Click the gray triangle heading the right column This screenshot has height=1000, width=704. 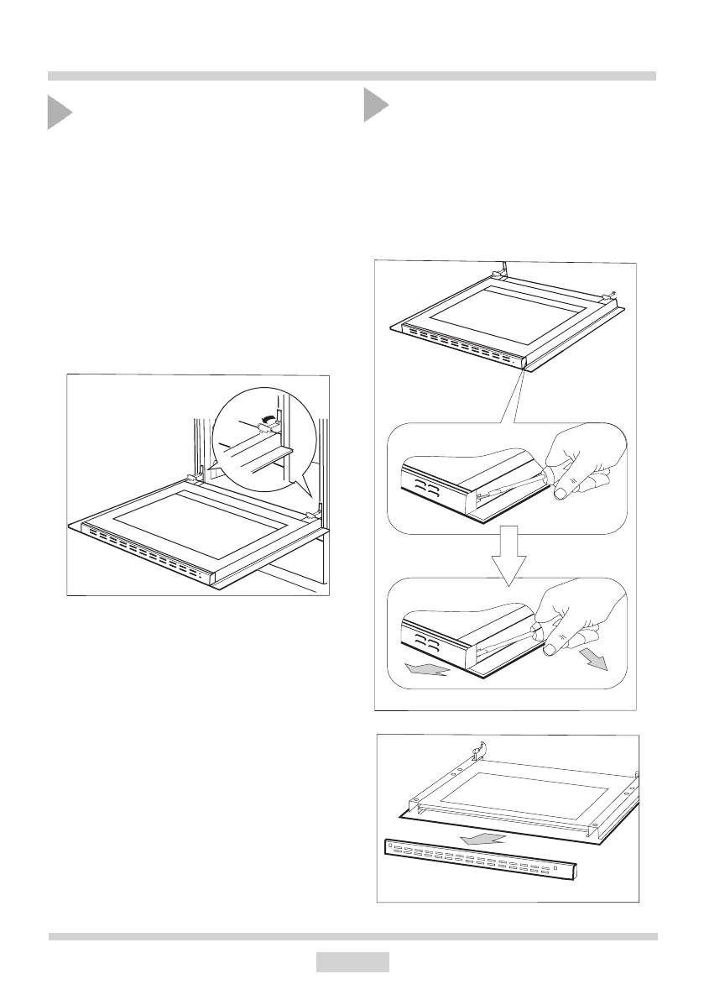[375, 107]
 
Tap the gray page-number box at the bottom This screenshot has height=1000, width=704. [352, 961]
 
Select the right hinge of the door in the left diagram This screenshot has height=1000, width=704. [313, 514]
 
